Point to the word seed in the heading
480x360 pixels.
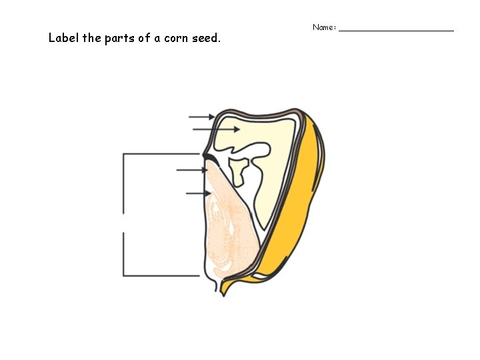point(205,38)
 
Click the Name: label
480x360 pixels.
point(325,27)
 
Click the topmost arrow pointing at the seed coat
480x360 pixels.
point(201,117)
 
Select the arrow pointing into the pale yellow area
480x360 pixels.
point(216,129)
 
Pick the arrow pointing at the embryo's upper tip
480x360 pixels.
point(192,170)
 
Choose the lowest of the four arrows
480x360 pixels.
point(198,193)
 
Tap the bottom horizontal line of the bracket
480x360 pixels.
point(161,275)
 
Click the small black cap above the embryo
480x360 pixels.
point(209,157)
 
